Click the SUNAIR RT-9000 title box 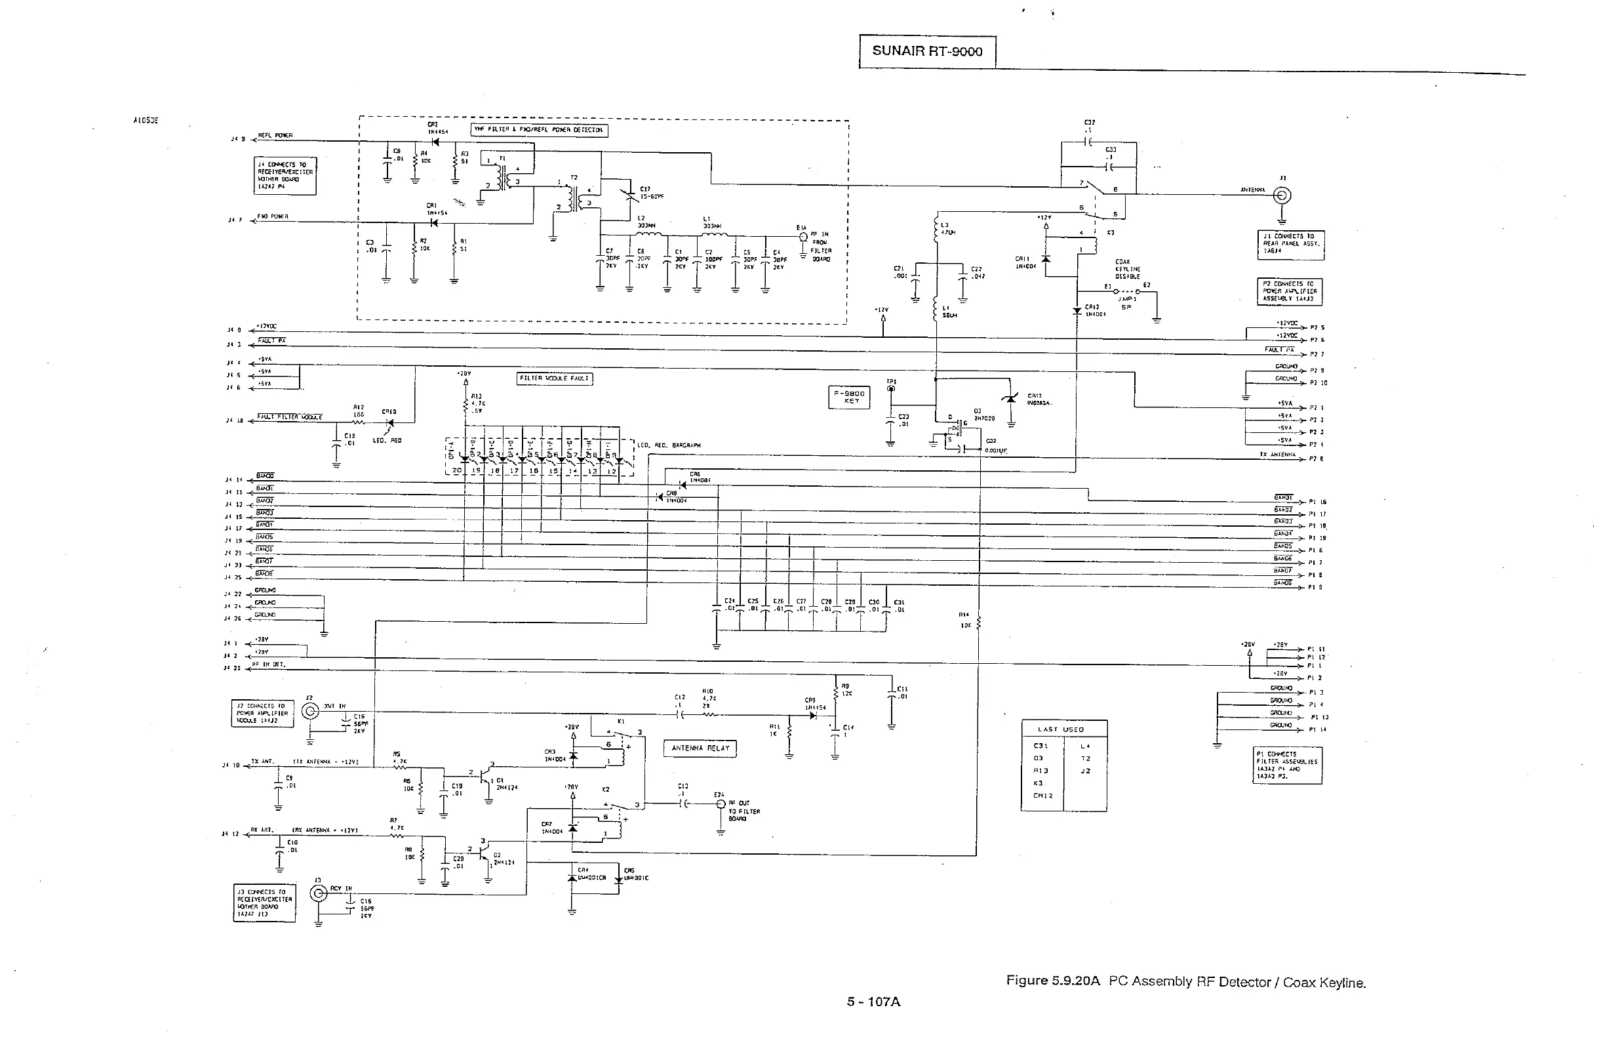click(x=926, y=51)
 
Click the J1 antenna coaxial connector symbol click(x=1281, y=195)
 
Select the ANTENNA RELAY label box click(x=700, y=748)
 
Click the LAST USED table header click(x=1064, y=729)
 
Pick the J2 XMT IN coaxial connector click(x=310, y=711)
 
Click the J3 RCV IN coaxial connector click(x=318, y=894)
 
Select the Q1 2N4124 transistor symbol click(x=486, y=777)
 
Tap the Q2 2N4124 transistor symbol click(x=485, y=853)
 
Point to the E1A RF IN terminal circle click(x=802, y=237)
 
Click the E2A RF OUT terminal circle click(x=721, y=804)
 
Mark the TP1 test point click(x=891, y=389)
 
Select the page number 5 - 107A click(x=873, y=1002)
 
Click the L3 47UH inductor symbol click(x=936, y=230)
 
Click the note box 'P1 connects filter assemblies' click(x=1288, y=765)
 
